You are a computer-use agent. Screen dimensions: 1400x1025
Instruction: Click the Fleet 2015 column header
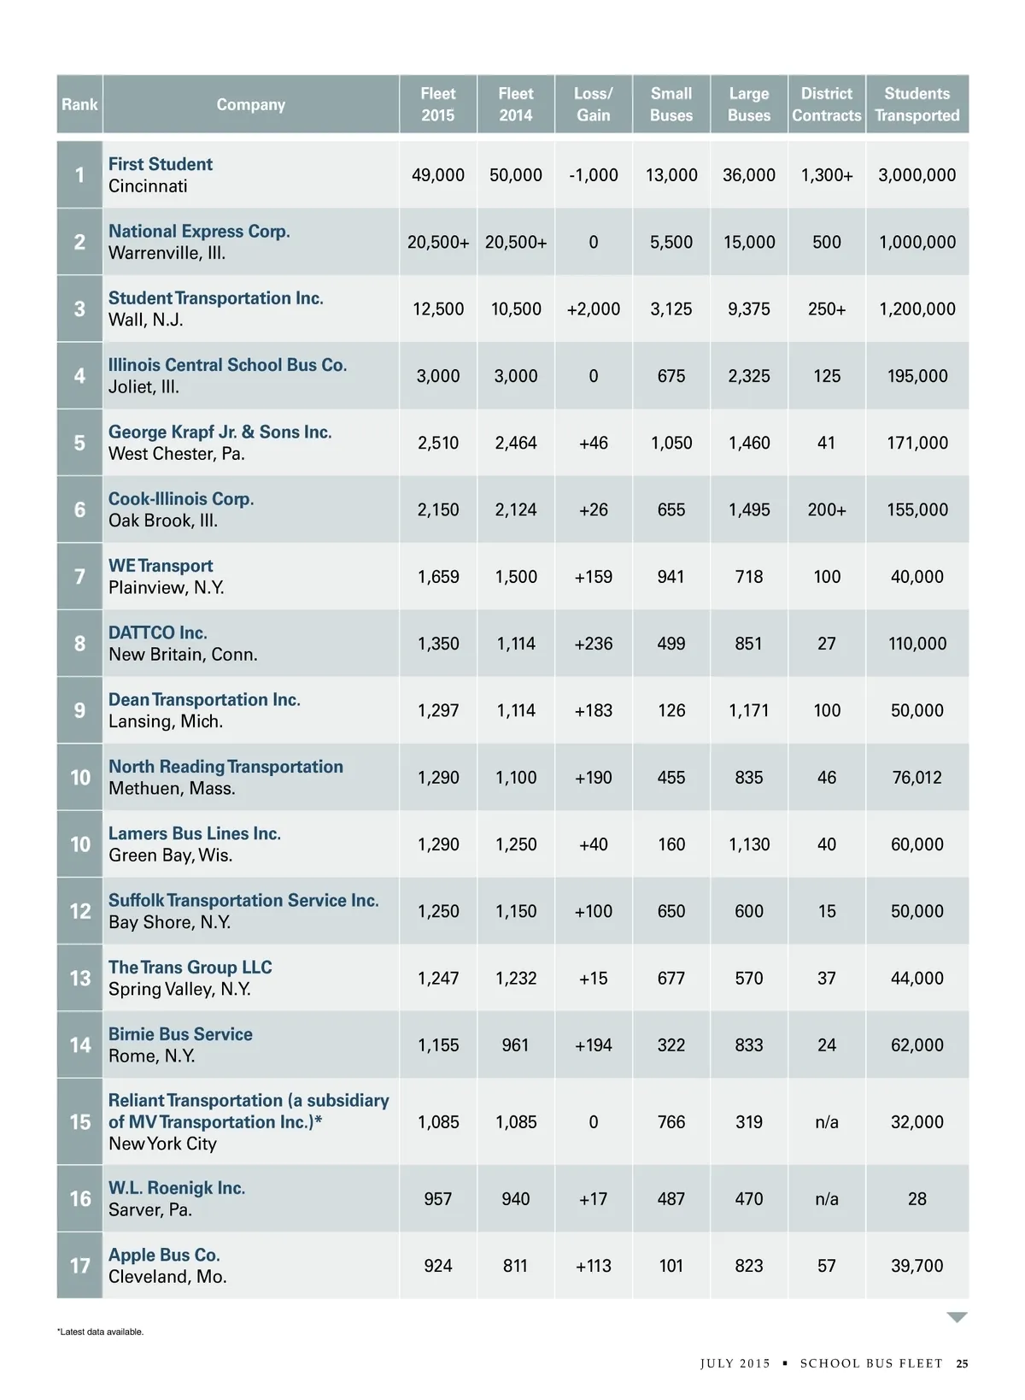coord(437,104)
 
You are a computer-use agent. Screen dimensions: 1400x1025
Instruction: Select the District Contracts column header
coord(826,104)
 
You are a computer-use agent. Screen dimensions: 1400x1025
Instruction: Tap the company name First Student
coord(161,164)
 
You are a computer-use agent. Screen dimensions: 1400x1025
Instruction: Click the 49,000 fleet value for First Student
coord(437,175)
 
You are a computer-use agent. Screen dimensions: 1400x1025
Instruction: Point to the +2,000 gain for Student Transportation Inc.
coord(593,309)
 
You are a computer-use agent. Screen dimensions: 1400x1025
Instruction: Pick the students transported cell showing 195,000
coord(917,376)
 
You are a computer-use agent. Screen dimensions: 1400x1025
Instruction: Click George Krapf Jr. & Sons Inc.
coord(220,432)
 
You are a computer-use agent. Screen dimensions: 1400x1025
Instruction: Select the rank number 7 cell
coord(79,577)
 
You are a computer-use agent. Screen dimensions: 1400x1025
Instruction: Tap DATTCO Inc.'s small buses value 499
coord(671,644)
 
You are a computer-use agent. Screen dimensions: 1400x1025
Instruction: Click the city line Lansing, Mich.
coord(166,721)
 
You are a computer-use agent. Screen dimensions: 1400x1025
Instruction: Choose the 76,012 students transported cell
coord(917,778)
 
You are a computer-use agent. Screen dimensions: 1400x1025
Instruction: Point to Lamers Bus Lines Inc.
coord(195,833)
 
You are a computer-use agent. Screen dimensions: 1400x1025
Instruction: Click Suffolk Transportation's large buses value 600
coord(748,911)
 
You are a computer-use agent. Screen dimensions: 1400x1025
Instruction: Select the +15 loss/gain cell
coord(593,978)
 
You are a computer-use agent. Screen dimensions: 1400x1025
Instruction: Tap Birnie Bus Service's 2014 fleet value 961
coord(515,1045)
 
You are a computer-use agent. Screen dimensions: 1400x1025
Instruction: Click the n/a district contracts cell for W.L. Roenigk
coord(826,1199)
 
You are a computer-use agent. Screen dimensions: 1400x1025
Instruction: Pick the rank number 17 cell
coord(79,1266)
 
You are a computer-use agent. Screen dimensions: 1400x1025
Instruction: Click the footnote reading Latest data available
coord(101,1332)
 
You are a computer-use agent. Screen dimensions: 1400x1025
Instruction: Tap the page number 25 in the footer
coord(962,1363)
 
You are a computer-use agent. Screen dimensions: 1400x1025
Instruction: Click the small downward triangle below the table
coord(957,1317)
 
